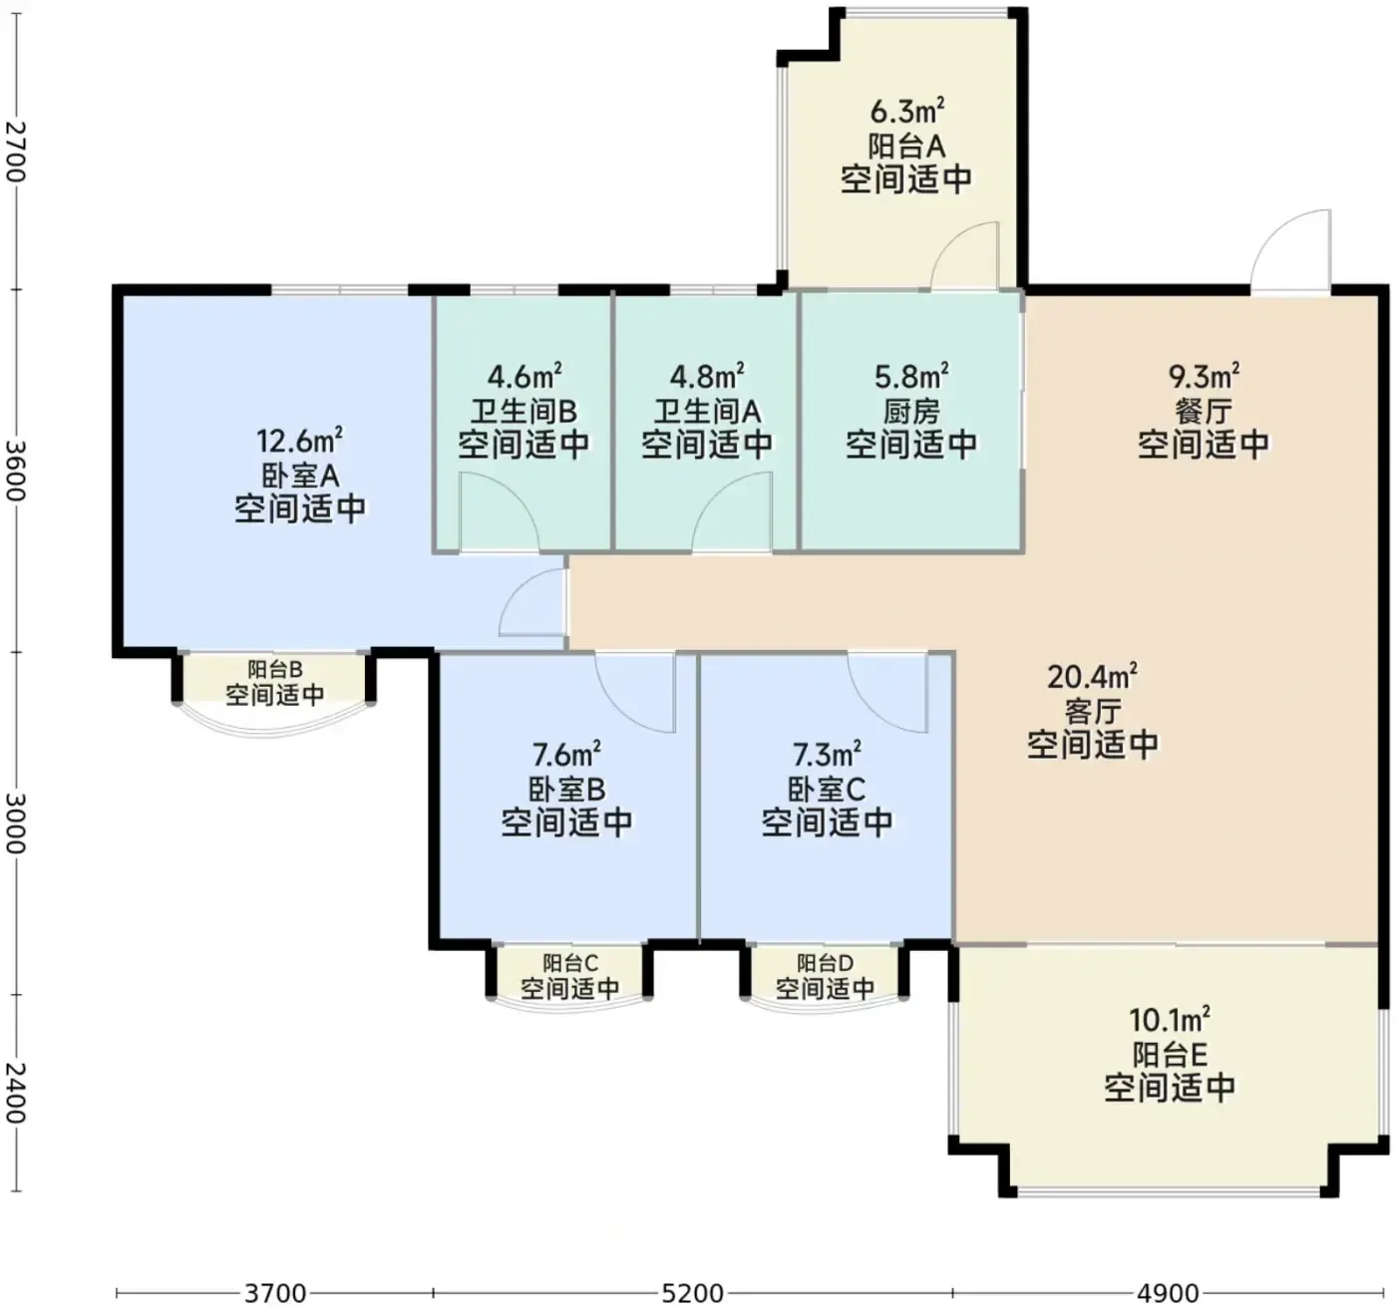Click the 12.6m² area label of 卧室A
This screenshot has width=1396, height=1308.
tap(299, 441)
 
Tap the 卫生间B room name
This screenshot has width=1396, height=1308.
tap(523, 411)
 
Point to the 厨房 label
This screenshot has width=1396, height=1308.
tap(911, 411)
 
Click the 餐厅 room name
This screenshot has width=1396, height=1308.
tap(1204, 411)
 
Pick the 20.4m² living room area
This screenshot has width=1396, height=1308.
tap(1092, 676)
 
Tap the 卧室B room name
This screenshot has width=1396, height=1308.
tap(566, 790)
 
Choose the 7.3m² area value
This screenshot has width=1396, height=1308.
tap(828, 755)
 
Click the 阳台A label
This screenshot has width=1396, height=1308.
tap(906, 147)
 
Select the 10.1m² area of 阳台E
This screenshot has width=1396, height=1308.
tap(1170, 1019)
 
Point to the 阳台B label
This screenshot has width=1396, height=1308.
tap(275, 668)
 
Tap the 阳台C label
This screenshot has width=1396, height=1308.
tap(570, 962)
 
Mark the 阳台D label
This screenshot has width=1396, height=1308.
tap(826, 962)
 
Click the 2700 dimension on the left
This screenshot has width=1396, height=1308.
tap(16, 152)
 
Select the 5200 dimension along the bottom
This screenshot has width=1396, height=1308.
tap(692, 1292)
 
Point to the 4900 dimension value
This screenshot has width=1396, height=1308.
tap(1169, 1292)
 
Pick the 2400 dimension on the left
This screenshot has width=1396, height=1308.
tap(16, 1093)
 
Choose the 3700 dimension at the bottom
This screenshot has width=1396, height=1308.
tap(275, 1292)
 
